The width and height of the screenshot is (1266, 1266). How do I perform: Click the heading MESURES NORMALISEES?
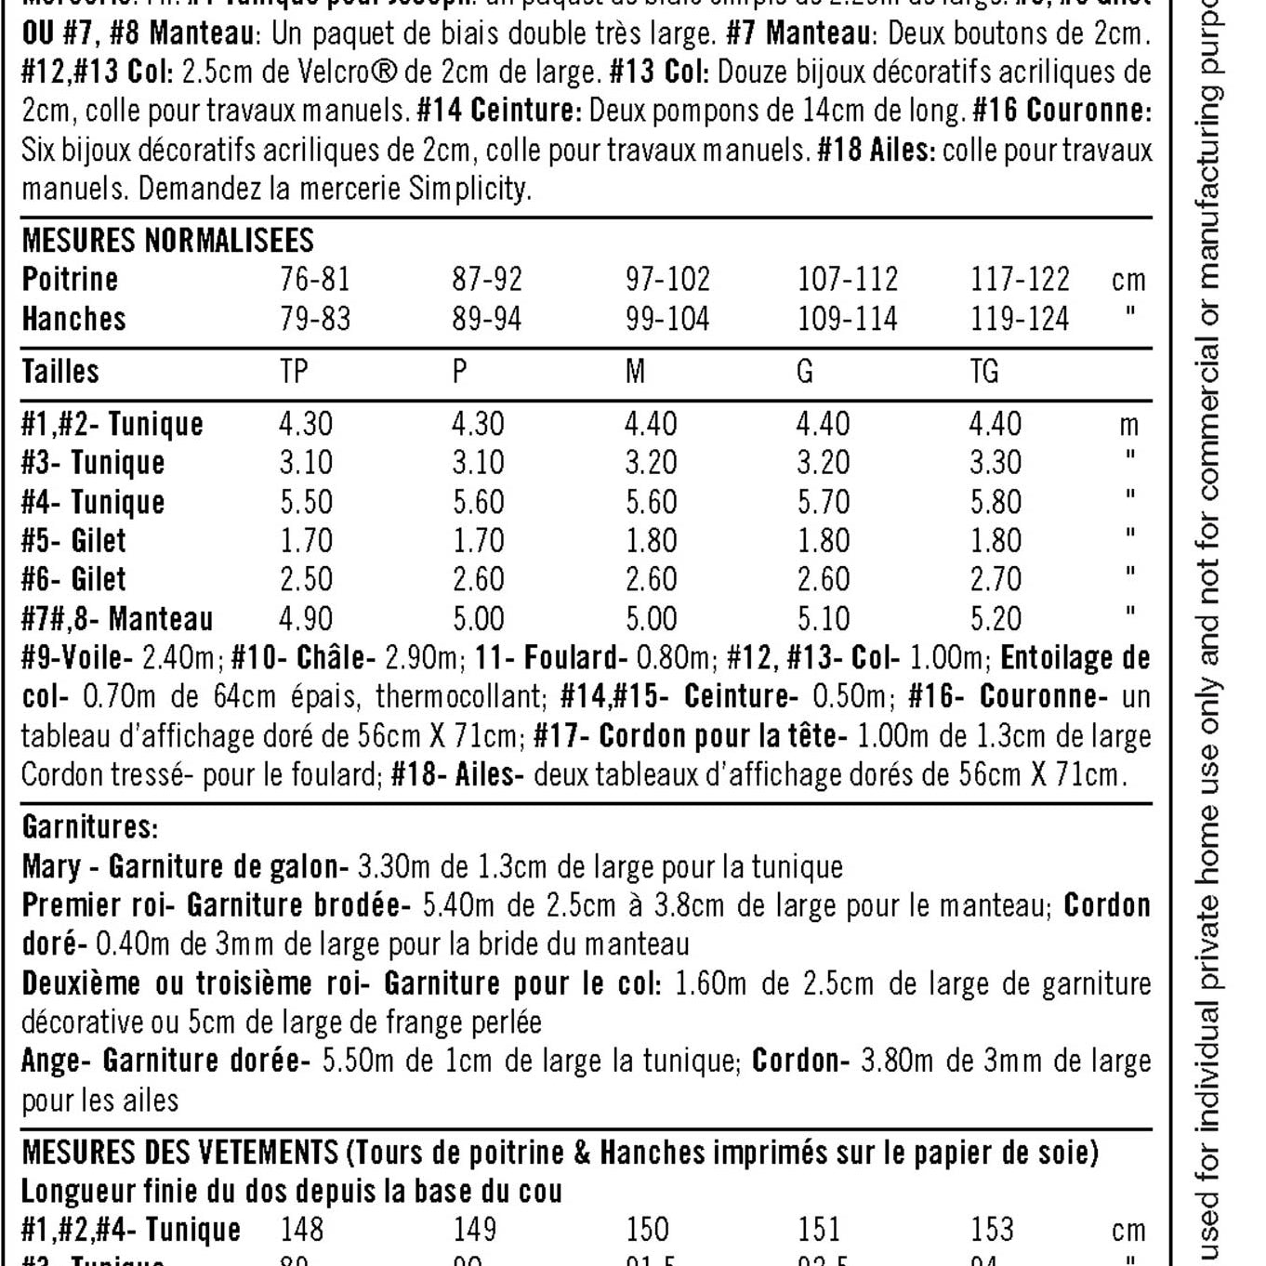click(167, 241)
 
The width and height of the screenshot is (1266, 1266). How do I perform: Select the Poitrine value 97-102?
click(667, 279)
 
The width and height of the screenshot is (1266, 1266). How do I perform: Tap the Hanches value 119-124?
click(1020, 319)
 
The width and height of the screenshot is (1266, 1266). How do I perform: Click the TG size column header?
click(983, 372)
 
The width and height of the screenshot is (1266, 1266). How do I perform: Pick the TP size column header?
click(294, 372)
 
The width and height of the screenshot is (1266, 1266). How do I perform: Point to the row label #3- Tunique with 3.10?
click(93, 463)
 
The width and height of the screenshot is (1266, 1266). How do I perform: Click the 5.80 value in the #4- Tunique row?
click(996, 502)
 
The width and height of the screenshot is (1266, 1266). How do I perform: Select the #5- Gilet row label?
click(73, 541)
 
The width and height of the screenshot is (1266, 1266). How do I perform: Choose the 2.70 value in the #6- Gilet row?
click(996, 580)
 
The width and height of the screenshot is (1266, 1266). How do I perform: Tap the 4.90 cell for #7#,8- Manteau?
click(306, 619)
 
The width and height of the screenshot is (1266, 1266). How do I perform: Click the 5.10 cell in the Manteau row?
click(823, 619)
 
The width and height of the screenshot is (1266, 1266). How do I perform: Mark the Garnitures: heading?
click(90, 826)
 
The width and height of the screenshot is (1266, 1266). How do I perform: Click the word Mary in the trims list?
click(51, 867)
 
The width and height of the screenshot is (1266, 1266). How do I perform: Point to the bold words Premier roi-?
click(99, 905)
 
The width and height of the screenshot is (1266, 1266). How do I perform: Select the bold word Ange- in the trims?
click(57, 1061)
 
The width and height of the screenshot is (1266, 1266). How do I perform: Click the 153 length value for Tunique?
click(992, 1230)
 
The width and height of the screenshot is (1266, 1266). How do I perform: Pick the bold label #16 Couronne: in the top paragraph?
click(1062, 111)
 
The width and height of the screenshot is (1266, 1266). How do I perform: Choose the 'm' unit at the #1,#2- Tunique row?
click(1128, 426)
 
